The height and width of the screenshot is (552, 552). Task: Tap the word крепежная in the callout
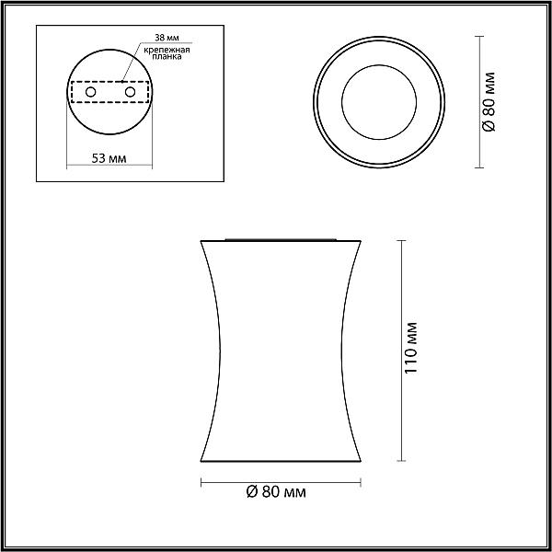point(167,50)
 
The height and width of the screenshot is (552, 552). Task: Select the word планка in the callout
point(167,57)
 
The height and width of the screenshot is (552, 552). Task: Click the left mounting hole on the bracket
point(89,93)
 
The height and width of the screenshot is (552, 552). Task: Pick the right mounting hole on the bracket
point(129,93)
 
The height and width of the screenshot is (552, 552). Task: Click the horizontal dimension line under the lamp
point(281,480)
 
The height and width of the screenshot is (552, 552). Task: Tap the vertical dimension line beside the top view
point(478,101)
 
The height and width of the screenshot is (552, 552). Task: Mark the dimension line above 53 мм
point(109,167)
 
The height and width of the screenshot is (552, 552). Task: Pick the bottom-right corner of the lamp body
point(361,461)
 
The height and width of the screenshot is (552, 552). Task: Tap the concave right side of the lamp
point(340,350)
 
